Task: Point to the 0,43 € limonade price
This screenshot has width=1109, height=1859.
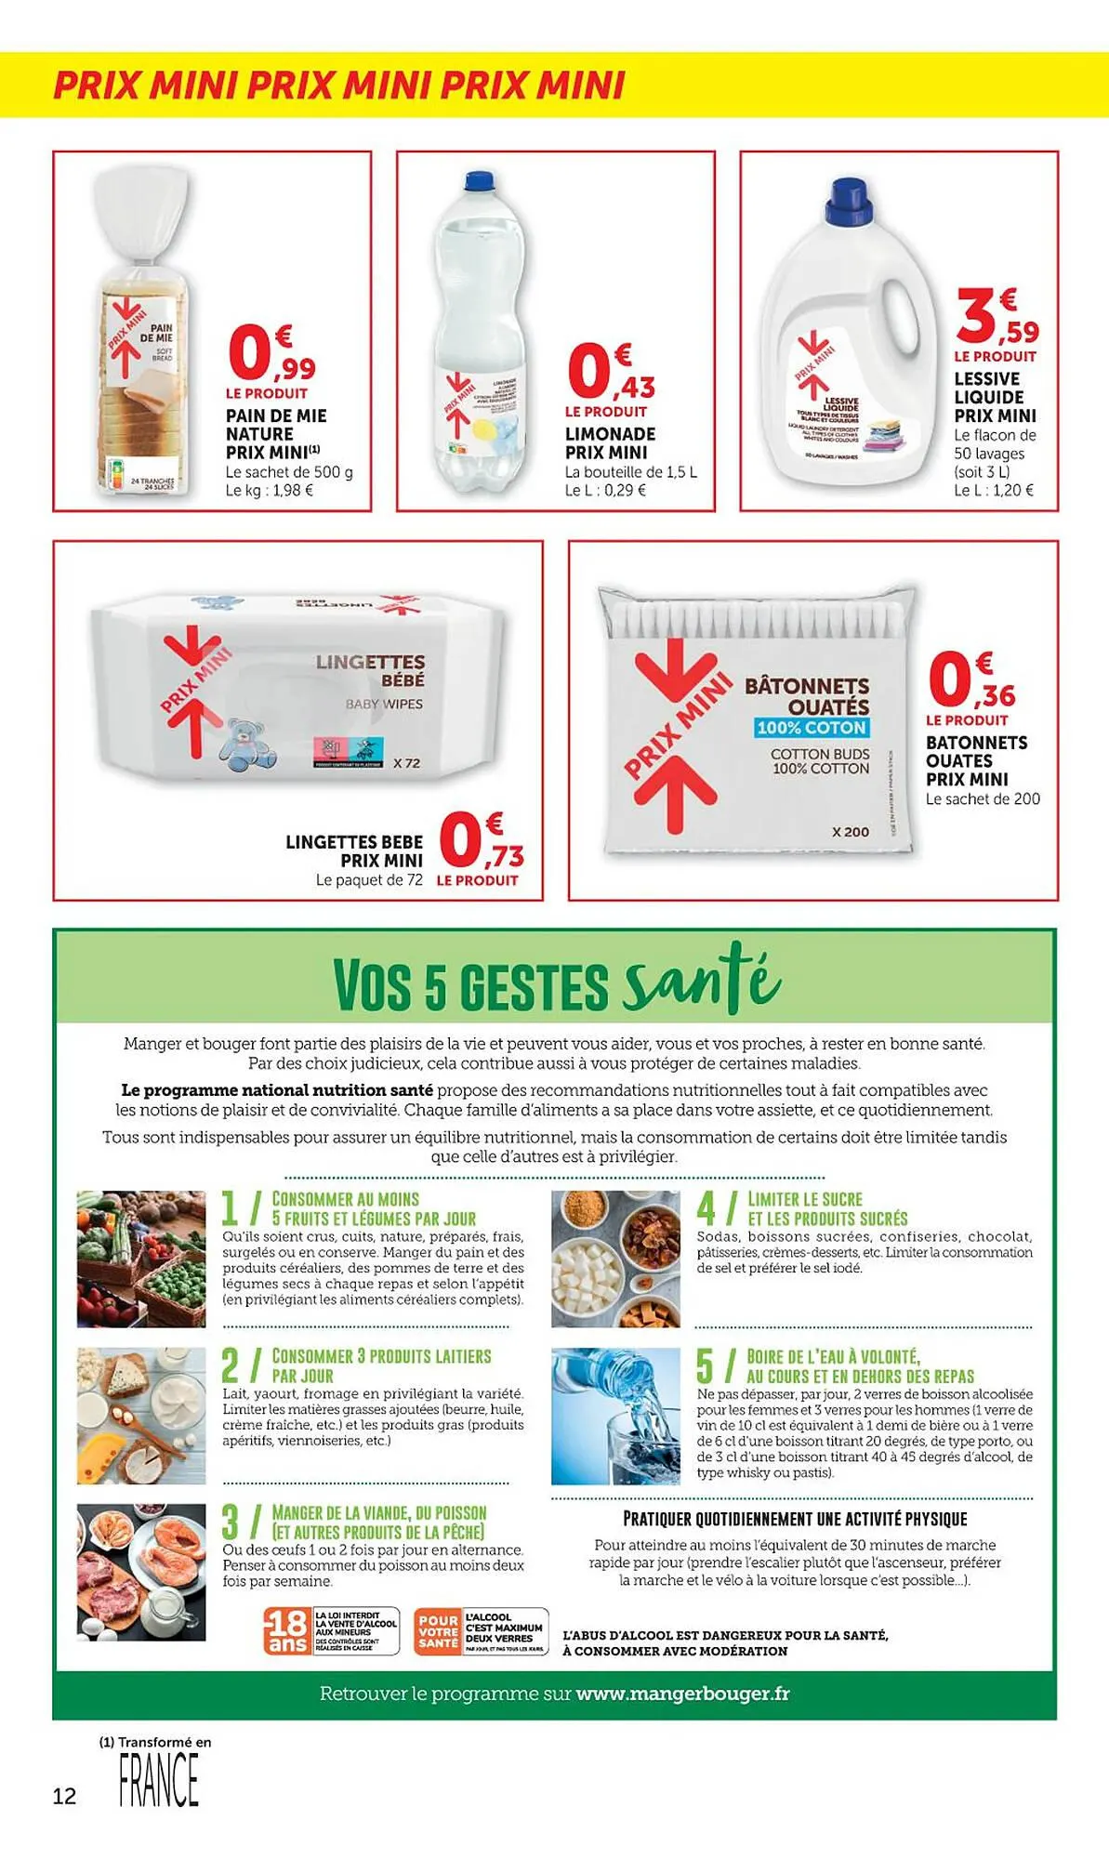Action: [x=611, y=372]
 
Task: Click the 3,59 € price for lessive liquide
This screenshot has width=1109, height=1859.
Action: [x=997, y=317]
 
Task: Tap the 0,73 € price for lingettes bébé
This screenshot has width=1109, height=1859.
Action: [x=481, y=841]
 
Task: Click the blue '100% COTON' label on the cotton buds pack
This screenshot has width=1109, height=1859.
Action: [x=812, y=728]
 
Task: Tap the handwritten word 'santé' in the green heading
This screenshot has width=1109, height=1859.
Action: [x=703, y=980]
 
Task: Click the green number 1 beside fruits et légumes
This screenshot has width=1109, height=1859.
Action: [x=231, y=1208]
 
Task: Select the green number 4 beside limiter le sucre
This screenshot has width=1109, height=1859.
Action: [x=706, y=1208]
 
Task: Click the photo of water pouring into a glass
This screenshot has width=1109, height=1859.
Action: [x=615, y=1416]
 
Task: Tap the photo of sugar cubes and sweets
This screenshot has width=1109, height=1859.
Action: [x=615, y=1259]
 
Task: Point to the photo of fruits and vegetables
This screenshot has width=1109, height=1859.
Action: [x=141, y=1259]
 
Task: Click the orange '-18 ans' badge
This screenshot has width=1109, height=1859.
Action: [x=288, y=1630]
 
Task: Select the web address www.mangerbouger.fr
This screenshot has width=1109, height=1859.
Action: [x=682, y=1694]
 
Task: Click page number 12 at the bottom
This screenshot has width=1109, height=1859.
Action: [x=64, y=1796]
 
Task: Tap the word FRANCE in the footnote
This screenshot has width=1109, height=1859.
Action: [x=159, y=1780]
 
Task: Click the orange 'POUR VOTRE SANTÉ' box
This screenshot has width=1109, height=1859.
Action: [x=439, y=1630]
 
